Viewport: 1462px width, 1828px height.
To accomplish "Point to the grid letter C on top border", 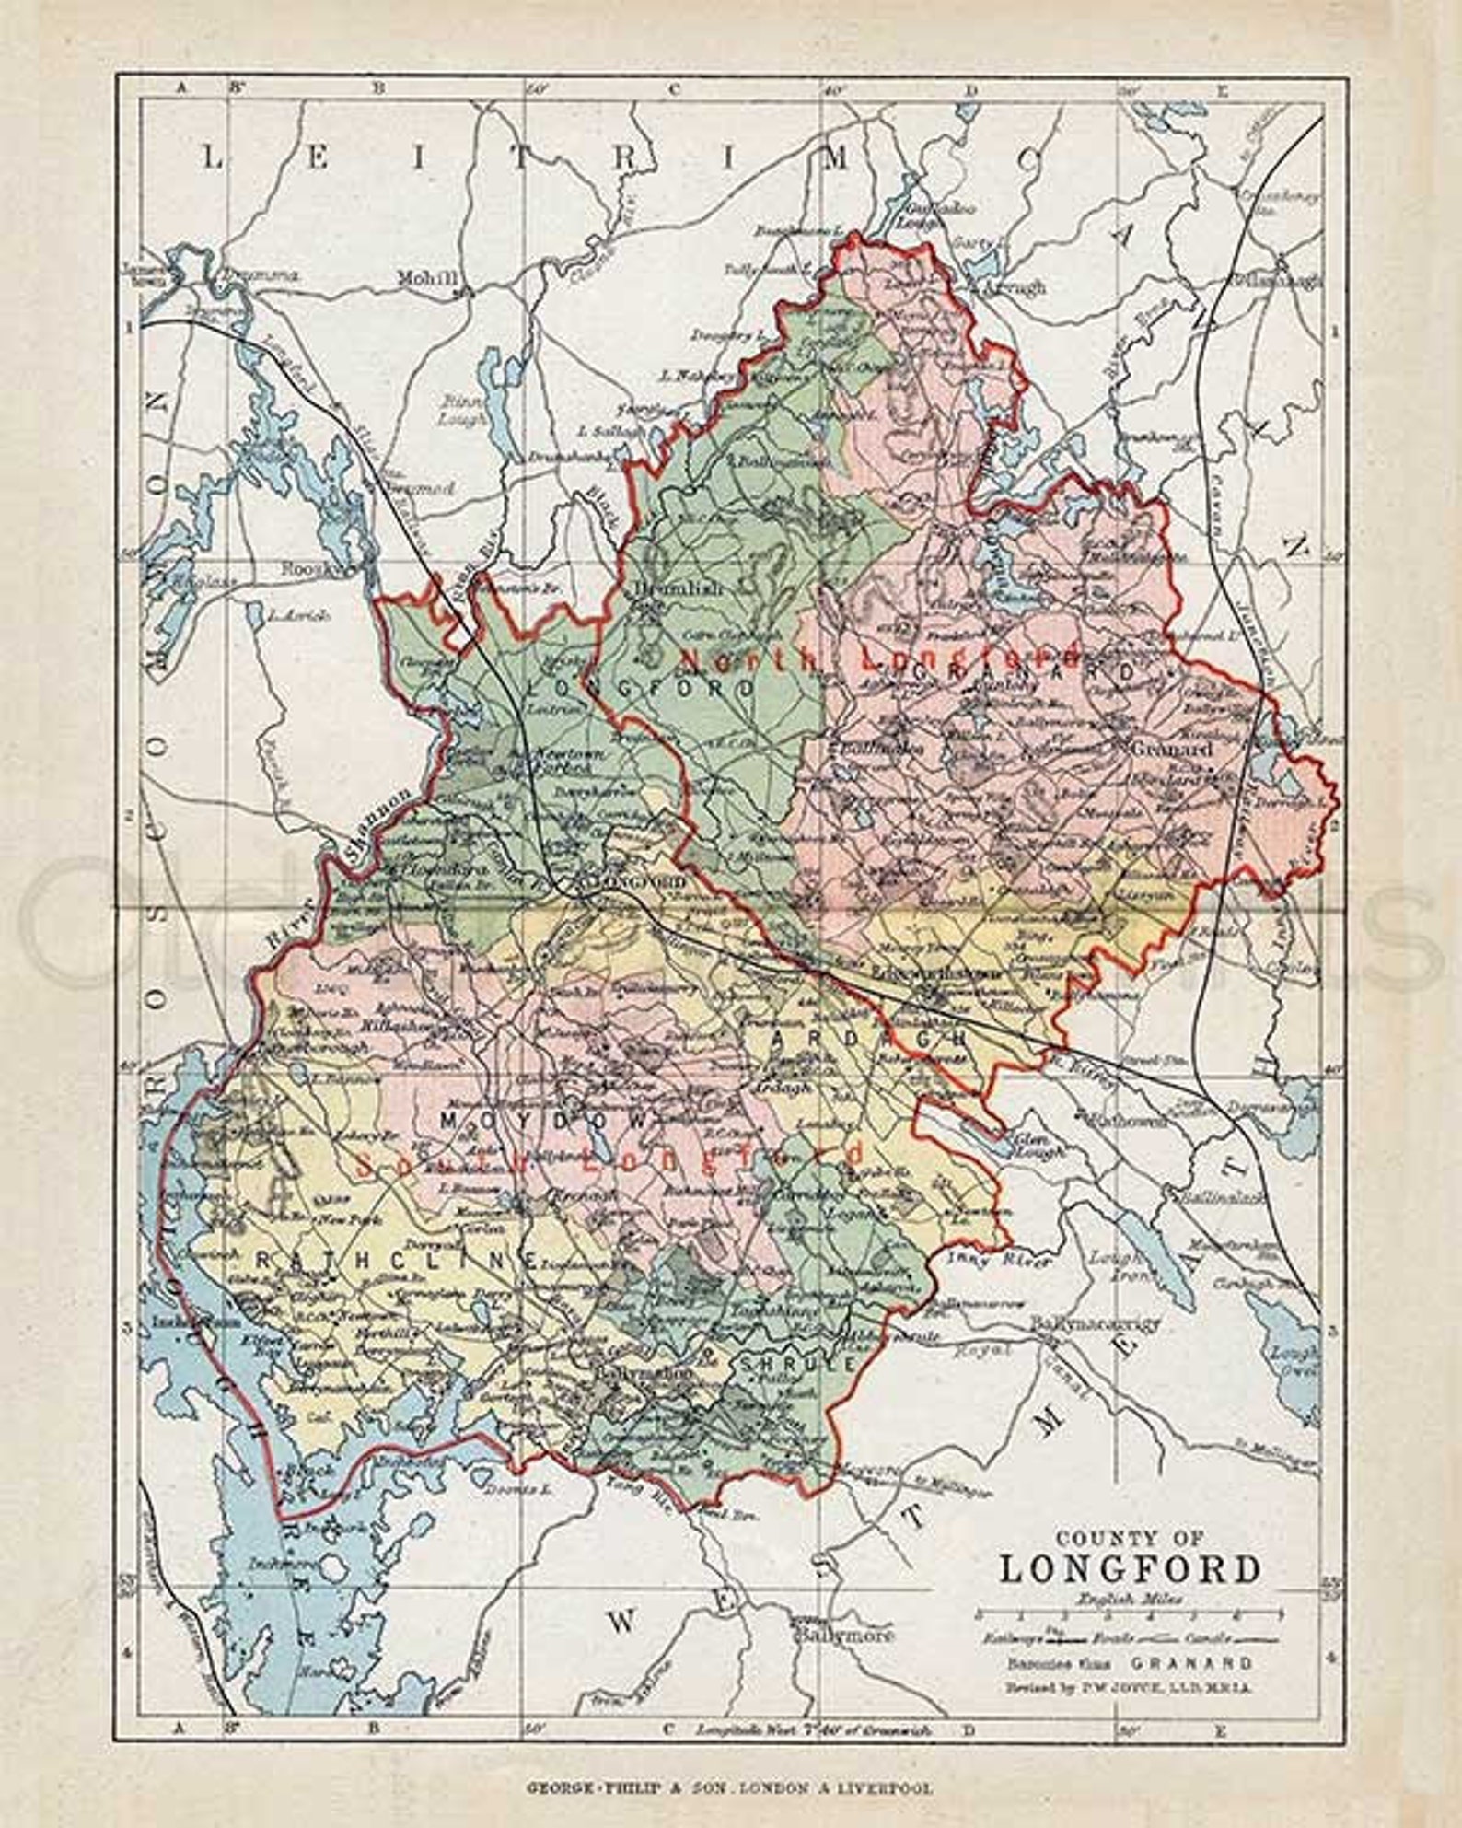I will pos(673,88).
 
